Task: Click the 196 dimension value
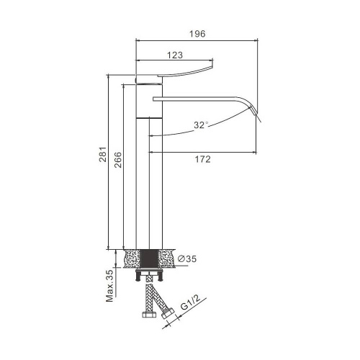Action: [197, 34]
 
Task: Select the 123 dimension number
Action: [175, 55]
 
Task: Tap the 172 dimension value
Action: [202, 159]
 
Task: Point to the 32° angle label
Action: [201, 125]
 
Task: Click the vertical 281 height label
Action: [103, 154]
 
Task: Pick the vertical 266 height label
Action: [117, 160]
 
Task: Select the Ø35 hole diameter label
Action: [187, 258]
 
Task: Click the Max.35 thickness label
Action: [109, 286]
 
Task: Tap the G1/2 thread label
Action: [190, 302]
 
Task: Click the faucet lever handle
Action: [185, 72]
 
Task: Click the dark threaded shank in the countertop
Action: [149, 258]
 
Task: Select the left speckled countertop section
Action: [132, 258]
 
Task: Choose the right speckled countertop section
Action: [166, 258]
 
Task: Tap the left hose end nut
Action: [149, 315]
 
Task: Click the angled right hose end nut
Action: [168, 312]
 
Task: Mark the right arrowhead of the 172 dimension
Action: [254, 152]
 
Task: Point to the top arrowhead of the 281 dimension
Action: [109, 77]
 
